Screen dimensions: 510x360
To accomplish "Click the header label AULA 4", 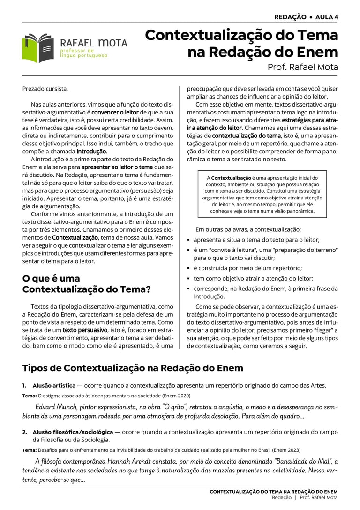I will [x=327, y=17].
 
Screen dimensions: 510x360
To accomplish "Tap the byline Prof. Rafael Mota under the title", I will [x=302, y=67].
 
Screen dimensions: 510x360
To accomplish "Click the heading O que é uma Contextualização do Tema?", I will [x=86, y=284].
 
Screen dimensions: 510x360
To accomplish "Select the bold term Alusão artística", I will [x=54, y=385].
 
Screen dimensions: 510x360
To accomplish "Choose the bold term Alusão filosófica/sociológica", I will [x=73, y=432].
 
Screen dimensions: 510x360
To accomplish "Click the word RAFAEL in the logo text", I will [x=77, y=43].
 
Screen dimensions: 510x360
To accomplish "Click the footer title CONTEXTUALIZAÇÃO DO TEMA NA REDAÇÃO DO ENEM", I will [x=273, y=491].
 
